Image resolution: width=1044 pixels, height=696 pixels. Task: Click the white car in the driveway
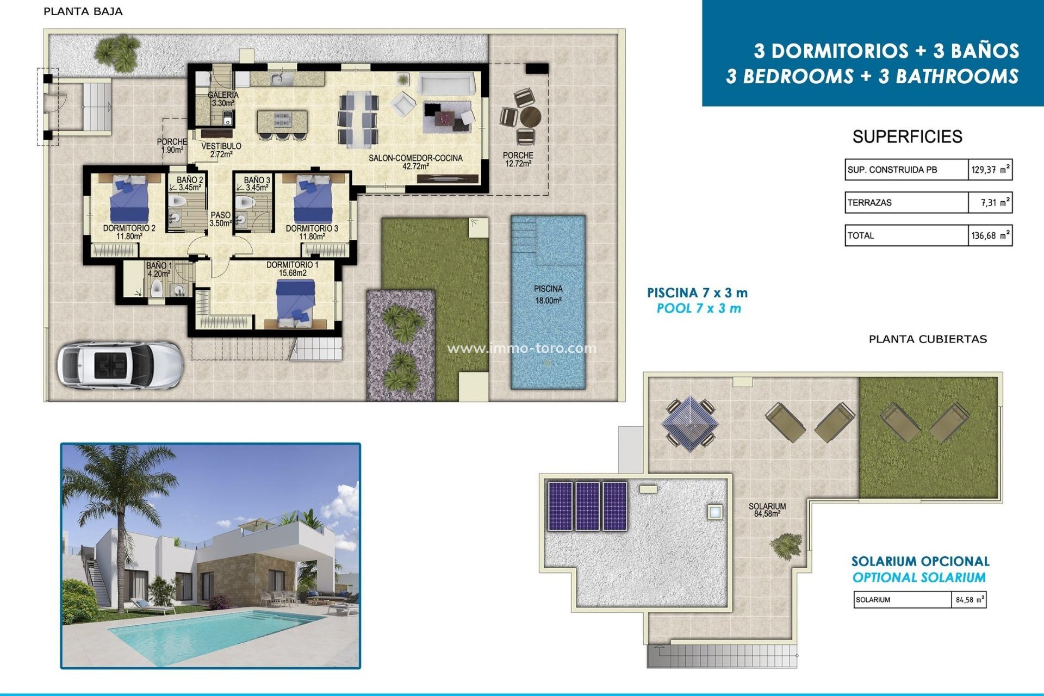click(120, 365)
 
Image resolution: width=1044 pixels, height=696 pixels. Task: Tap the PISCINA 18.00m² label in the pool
click(548, 294)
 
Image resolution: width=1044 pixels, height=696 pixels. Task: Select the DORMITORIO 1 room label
click(293, 269)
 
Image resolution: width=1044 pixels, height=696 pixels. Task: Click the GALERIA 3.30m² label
click(223, 98)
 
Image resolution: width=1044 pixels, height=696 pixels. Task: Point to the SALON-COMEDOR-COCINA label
click(415, 161)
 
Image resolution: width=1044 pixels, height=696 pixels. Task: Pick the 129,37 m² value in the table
click(990, 170)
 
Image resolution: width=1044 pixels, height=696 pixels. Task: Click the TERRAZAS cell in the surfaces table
click(906, 203)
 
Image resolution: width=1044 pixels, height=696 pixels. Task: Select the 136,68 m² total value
click(990, 235)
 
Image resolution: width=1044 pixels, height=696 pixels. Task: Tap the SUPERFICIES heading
click(907, 136)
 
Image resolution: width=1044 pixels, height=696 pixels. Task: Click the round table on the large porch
click(530, 116)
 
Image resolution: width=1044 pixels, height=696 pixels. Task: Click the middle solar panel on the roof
click(587, 506)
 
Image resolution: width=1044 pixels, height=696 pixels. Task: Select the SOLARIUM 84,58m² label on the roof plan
click(767, 509)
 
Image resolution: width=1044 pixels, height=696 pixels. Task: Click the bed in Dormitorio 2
click(129, 198)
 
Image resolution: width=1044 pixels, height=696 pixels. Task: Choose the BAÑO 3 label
click(257, 183)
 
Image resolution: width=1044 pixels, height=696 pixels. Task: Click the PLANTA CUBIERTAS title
click(928, 339)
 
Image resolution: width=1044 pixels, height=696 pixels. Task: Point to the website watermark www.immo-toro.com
click(521, 348)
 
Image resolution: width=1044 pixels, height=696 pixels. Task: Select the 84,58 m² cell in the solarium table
click(968, 600)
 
